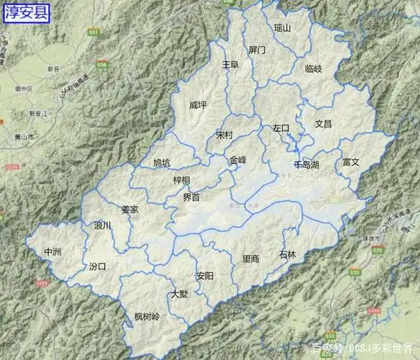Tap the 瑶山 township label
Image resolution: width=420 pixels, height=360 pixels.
tap(283, 28)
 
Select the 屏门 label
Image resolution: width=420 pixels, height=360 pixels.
tap(257, 50)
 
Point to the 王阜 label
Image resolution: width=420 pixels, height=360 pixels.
tap(230, 65)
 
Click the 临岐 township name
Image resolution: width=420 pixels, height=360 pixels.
tap(314, 68)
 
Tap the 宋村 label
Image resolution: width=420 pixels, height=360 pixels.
tap(224, 135)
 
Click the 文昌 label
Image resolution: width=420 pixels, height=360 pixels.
tap(324, 124)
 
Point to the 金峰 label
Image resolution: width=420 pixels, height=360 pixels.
tap(238, 160)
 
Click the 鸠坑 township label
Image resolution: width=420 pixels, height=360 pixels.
tap(162, 163)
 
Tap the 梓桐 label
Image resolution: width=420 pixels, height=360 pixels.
tap(181, 180)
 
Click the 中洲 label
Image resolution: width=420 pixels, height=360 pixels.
tap(53, 251)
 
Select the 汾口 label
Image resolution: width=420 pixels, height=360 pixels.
tap(97, 266)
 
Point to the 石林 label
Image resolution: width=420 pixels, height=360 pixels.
tap(287, 254)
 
